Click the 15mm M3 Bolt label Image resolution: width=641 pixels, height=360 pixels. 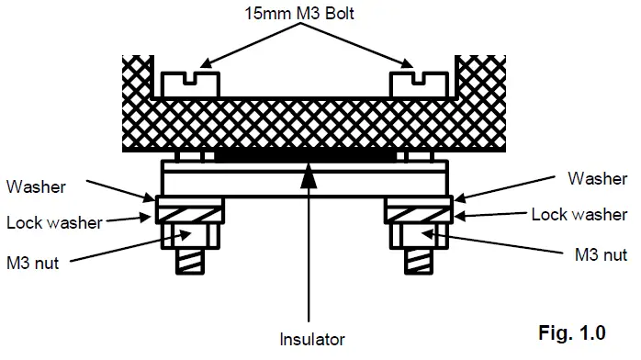(x=299, y=13)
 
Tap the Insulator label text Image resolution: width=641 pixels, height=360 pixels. (x=312, y=339)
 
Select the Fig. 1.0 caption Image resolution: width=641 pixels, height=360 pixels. (x=572, y=332)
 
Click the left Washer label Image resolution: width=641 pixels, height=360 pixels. (x=36, y=186)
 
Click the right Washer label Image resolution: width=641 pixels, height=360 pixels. (x=598, y=178)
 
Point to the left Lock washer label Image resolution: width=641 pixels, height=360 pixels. (x=54, y=222)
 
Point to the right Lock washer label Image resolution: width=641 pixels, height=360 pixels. (x=579, y=214)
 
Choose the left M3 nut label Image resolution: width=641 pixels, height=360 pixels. (x=33, y=263)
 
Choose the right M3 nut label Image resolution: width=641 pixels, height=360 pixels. (x=601, y=254)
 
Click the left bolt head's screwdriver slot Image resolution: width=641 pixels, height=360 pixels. (x=190, y=78)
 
